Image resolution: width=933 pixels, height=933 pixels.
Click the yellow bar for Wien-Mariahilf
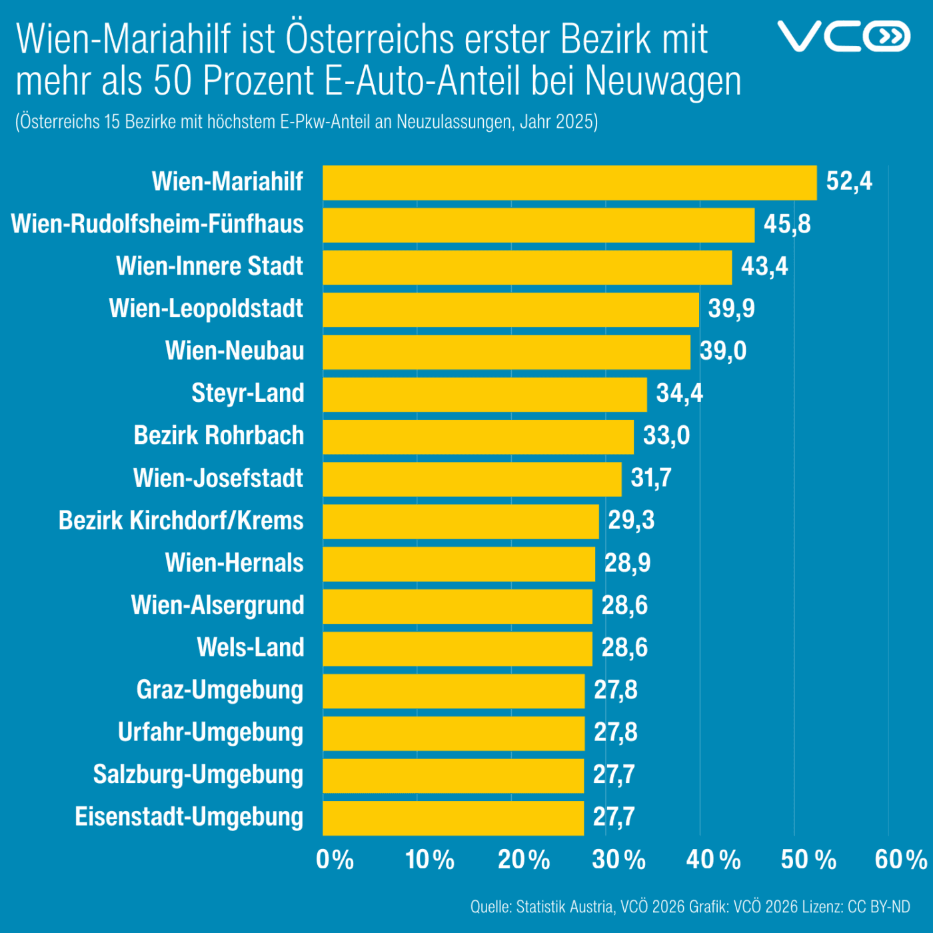[x=570, y=183]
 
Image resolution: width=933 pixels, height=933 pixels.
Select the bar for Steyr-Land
[x=484, y=395]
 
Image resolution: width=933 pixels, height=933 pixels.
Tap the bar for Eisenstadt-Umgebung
[x=453, y=818]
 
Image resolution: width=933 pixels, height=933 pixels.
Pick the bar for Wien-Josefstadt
[x=472, y=479]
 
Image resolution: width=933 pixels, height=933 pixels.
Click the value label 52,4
[x=848, y=181]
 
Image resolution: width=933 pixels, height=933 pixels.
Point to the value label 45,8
[x=786, y=224]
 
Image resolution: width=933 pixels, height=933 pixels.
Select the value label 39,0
[x=722, y=351]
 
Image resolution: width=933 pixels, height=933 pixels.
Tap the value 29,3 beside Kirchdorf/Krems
[x=630, y=520]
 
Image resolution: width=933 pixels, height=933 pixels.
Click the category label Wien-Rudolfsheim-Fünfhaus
[x=157, y=224]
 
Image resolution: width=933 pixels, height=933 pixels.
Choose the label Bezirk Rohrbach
[x=219, y=436]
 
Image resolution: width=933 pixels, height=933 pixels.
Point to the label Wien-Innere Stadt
[x=209, y=267]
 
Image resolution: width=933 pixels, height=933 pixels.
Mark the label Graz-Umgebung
[x=219, y=690]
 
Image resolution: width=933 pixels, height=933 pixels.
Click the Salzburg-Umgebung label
[x=198, y=774]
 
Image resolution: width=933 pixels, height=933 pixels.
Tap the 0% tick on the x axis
[x=335, y=860]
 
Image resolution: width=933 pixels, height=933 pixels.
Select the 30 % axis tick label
[x=618, y=860]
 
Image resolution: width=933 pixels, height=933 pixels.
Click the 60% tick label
[x=900, y=860]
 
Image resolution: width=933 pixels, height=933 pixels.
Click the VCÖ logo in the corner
[x=843, y=36]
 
